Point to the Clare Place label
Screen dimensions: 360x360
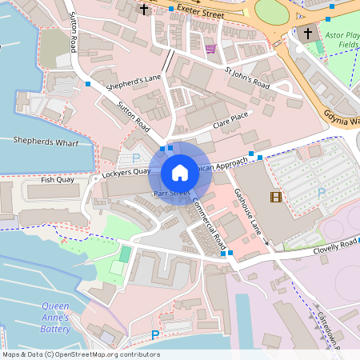point(230,122)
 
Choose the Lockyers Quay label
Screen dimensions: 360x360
point(126,172)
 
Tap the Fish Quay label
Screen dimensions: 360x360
point(57,181)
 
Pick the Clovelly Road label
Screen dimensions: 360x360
point(335,244)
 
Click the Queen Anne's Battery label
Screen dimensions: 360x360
point(55,317)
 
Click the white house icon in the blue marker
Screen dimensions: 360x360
point(180,172)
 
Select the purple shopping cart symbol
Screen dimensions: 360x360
point(210,48)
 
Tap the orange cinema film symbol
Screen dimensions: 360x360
point(276,197)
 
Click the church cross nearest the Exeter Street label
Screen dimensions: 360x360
point(144,10)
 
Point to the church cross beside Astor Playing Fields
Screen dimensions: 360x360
point(308,34)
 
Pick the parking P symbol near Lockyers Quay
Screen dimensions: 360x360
point(136,158)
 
